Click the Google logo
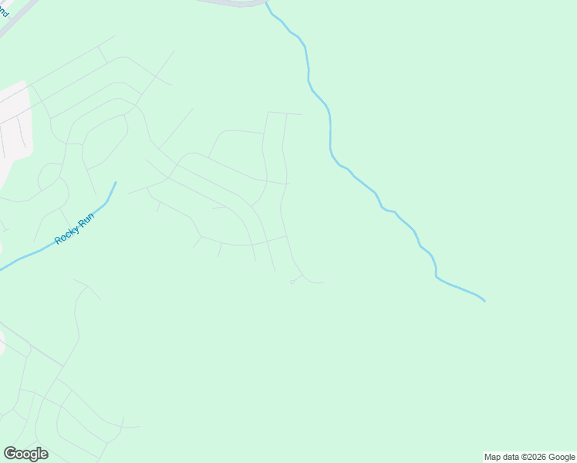tap(25, 454)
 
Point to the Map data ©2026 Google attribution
tap(529, 457)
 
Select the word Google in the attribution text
tap(562, 457)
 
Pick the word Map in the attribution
tap(493, 457)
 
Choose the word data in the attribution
tap(510, 457)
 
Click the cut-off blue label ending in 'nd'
tap(4, 11)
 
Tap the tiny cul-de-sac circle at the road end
tap(292, 282)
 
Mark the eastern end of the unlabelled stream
tap(484, 300)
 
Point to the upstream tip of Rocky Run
tap(116, 183)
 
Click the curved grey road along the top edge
tap(231, 3)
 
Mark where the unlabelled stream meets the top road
tap(266, 4)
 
